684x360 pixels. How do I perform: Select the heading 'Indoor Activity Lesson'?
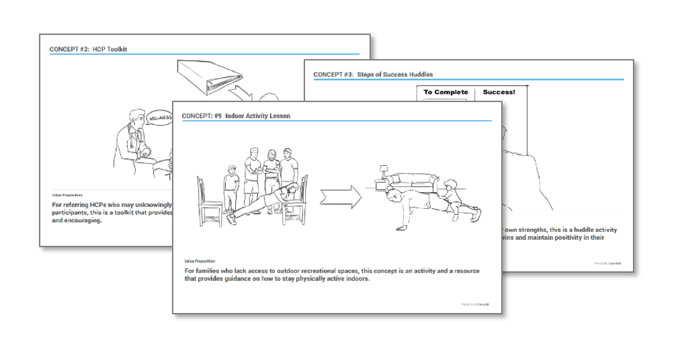pyautogui.click(x=258, y=116)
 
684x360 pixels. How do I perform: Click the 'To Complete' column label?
pyautogui.click(x=445, y=92)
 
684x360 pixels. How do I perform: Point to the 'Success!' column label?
pyautogui.click(x=499, y=92)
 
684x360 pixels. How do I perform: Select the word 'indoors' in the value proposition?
pyautogui.click(x=356, y=279)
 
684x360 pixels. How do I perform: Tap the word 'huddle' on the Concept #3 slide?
pyautogui.click(x=579, y=230)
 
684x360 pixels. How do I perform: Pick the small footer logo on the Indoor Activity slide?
pyautogui.click(x=475, y=304)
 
